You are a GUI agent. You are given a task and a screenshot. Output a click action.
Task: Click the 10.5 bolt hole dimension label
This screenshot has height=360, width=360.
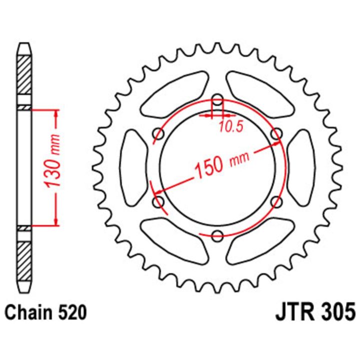tap(231, 126)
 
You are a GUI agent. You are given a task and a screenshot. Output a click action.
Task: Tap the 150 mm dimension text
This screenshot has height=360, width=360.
tap(222, 163)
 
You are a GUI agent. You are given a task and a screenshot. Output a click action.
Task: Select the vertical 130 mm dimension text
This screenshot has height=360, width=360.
tap(52, 161)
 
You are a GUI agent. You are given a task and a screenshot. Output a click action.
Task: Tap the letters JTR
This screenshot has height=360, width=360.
tap(294, 312)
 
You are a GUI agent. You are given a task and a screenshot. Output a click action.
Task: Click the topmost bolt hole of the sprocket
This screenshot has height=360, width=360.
tap(217, 99)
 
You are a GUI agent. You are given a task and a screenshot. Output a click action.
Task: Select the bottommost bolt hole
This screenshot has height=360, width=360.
tap(217, 235)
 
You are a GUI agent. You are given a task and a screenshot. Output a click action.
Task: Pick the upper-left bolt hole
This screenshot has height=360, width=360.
tap(158, 134)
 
